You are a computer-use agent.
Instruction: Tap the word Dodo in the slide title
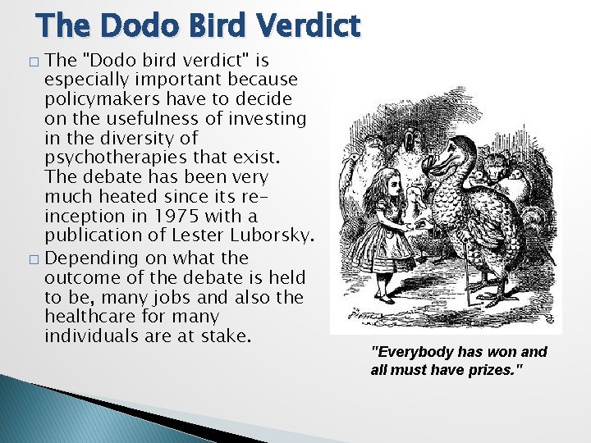point(135,25)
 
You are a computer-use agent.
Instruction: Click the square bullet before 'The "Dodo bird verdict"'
point(32,62)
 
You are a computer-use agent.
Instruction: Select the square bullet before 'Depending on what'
point(32,258)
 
